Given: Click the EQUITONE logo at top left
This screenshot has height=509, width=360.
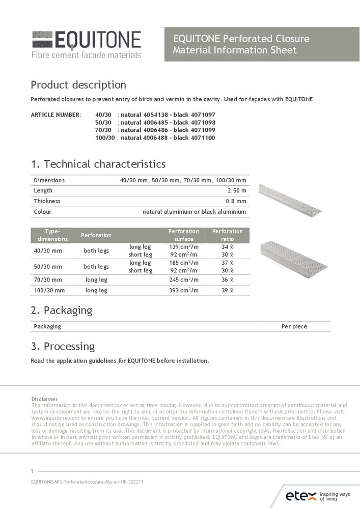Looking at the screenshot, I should click(x=86, y=44).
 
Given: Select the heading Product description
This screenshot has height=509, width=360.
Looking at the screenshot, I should click(x=78, y=84).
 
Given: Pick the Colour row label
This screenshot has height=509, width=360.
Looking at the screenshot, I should click(x=43, y=212).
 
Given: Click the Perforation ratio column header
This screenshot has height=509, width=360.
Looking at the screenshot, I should click(x=227, y=235).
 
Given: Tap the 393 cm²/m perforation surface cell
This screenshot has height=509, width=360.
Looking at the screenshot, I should click(x=183, y=290).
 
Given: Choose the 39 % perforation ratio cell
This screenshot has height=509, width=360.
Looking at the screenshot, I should click(x=228, y=290).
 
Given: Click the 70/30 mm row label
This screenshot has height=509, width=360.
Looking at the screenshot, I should click(x=48, y=279).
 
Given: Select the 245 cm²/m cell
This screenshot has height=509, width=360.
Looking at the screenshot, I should click(x=183, y=279).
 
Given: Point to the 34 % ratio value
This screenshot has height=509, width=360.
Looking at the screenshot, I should click(x=228, y=247).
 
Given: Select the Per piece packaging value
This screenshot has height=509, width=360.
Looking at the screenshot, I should click(x=294, y=326).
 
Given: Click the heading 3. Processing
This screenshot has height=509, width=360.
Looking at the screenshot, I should click(x=63, y=347).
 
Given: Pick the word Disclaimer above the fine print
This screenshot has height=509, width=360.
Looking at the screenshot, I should click(x=44, y=399).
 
